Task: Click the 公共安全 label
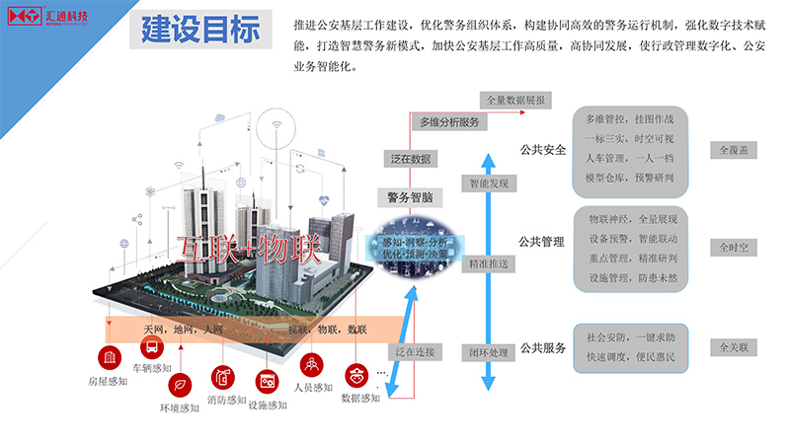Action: pos(542,150)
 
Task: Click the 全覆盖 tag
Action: pos(735,150)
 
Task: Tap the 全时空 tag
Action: pos(735,247)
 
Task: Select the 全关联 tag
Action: pos(735,347)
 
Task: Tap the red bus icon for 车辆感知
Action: pos(152,347)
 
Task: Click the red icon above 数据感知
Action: pos(356,376)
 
